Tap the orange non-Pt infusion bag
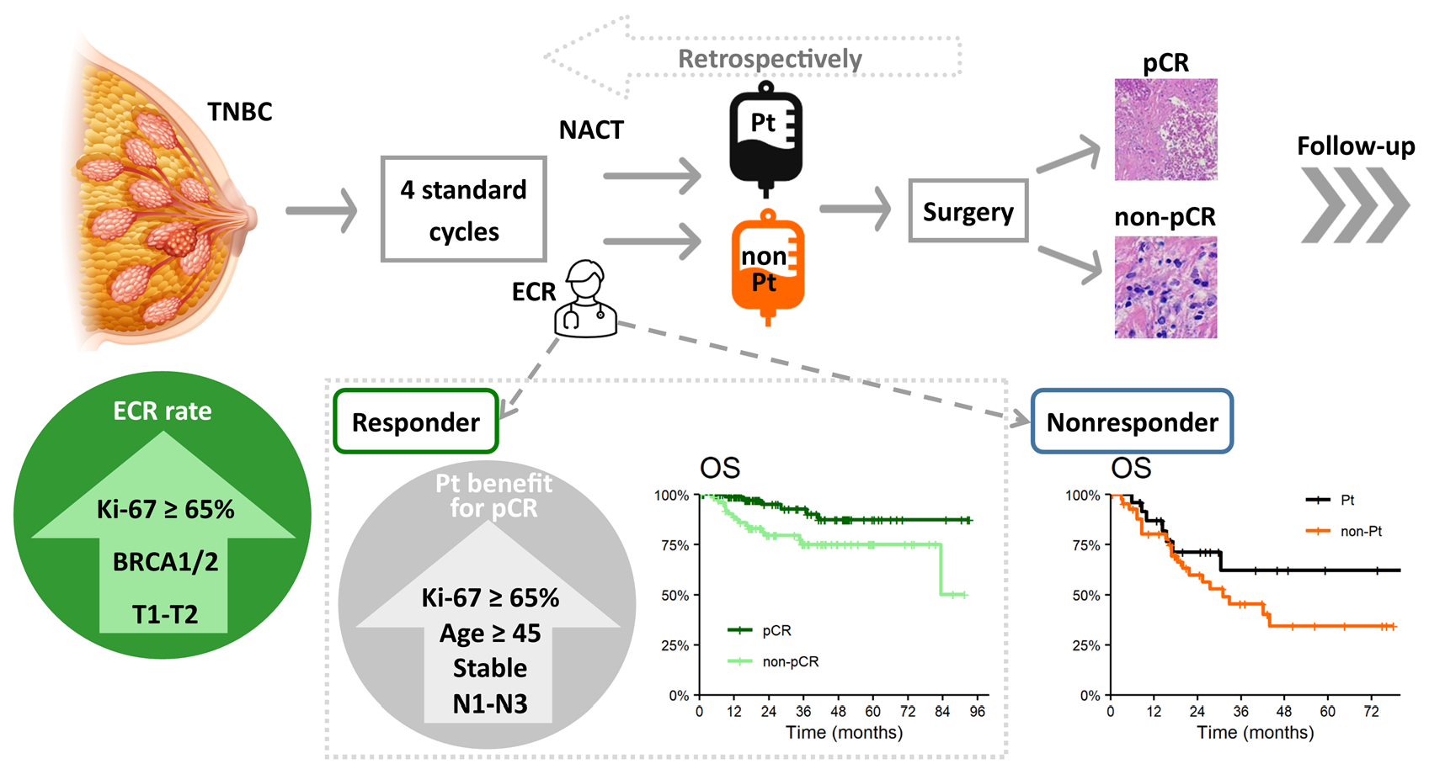(767, 265)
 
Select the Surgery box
(968, 211)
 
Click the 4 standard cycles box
(463, 209)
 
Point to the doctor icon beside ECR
(585, 301)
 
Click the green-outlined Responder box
(416, 422)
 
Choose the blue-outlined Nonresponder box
(1132, 422)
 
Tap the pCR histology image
(1165, 130)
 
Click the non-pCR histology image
(1165, 287)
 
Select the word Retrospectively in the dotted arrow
(770, 59)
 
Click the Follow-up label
(1355, 146)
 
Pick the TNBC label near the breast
(240, 112)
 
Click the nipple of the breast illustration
(250, 216)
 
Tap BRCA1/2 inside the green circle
(165, 561)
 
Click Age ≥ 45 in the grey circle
(490, 633)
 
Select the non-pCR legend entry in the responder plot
(790, 661)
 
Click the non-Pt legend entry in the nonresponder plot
(1361, 531)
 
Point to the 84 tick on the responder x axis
(941, 712)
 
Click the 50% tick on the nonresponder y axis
(1085, 596)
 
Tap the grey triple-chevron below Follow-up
(1354, 206)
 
